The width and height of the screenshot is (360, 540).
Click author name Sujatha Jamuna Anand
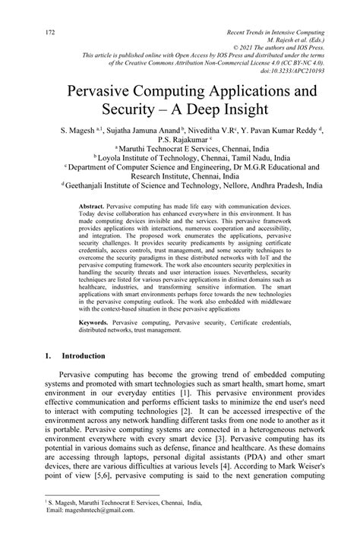(x=142, y=141)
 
